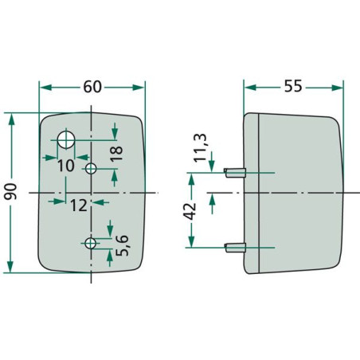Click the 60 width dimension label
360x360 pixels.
pos(92,87)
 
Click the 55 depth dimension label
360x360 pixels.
pos(293,86)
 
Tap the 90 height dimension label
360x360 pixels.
pos(11,191)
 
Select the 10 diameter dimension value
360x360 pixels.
pos(66,166)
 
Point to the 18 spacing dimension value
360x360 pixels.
pos(116,154)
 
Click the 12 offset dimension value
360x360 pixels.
pos(79,205)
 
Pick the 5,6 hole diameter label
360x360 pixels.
pos(123,245)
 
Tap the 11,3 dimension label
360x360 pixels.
pos(200,148)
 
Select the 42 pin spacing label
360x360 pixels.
pos(190,211)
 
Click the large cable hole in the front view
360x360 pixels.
pos(66,139)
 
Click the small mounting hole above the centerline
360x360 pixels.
pos(91,168)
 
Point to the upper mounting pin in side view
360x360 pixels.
pos(235,173)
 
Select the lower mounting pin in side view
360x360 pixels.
pos(235,248)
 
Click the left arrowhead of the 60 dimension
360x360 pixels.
pos(45,88)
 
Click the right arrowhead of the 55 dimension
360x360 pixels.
pos(337,88)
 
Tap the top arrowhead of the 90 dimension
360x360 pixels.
pos(11,119)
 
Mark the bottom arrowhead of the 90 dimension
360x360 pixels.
pos(10,267)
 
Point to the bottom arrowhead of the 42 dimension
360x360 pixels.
pos(191,241)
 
